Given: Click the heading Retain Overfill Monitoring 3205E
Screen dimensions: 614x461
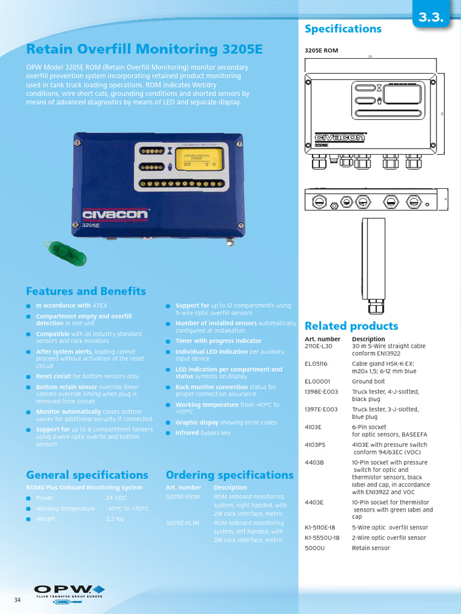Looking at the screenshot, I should tap(144, 49).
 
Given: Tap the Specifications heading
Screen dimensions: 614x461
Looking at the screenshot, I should tap(343, 29).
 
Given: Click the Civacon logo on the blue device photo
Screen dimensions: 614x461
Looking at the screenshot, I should tap(115, 215).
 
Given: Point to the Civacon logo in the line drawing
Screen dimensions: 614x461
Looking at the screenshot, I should tap(339, 137).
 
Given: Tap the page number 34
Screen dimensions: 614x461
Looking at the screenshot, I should tap(18, 600).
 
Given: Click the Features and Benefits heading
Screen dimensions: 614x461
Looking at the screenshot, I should tap(86, 291).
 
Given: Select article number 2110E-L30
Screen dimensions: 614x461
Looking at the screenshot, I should tap(318, 346).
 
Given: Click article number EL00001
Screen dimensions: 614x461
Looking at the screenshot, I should tap(317, 381).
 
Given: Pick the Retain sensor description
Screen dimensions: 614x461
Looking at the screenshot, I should tap(370, 548).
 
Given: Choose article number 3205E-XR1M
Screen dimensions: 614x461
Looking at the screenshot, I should tap(182, 496).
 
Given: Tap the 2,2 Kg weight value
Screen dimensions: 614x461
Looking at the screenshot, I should tap(115, 519).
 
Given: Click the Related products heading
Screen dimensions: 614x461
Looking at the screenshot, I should tap(351, 326).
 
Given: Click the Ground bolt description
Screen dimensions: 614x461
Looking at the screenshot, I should tap(369, 381).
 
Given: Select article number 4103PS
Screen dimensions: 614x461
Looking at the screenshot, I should tap(316, 445).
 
